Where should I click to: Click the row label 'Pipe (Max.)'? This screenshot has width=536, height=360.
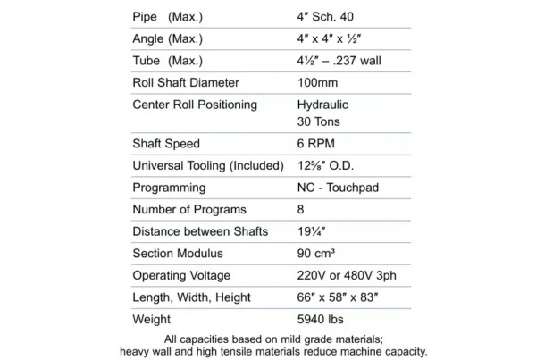[167, 16]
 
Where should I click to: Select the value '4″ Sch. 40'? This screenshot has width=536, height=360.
[329, 16]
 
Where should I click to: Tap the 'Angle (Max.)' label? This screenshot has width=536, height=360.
[168, 38]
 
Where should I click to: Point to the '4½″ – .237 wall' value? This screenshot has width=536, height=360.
[341, 61]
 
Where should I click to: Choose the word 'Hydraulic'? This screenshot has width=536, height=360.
[324, 105]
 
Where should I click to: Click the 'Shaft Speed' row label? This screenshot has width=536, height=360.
[166, 144]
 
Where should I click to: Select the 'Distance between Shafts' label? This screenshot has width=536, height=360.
[197, 231]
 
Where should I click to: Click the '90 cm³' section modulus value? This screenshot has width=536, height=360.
[318, 254]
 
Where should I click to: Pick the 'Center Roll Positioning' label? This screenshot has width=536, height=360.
[195, 105]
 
